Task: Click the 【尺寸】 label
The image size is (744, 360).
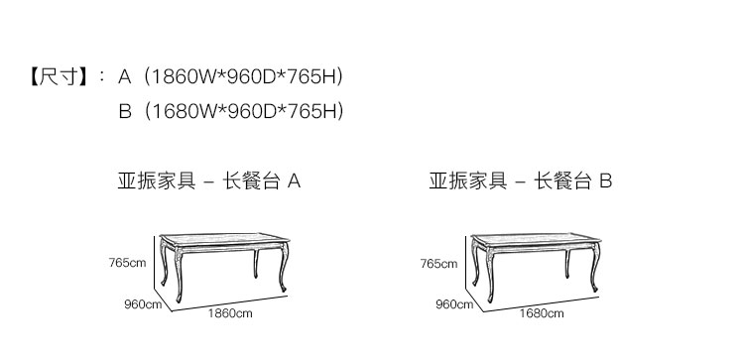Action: (x=59, y=76)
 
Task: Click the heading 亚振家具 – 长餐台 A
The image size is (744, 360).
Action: (x=208, y=180)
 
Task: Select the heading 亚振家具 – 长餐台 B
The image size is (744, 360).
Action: (x=521, y=180)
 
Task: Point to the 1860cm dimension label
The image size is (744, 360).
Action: (x=230, y=313)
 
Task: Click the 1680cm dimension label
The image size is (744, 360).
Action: (x=542, y=313)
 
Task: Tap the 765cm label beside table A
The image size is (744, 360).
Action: (x=127, y=262)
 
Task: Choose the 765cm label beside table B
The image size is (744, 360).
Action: (x=438, y=263)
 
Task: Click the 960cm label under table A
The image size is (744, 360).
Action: (x=143, y=304)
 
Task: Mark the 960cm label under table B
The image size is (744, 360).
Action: (x=454, y=304)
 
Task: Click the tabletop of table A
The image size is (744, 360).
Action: (x=224, y=238)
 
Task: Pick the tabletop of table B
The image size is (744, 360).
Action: (x=536, y=238)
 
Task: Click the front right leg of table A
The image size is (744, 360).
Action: (x=284, y=268)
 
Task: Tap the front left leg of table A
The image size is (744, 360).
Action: (x=179, y=275)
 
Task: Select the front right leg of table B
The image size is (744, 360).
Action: (x=595, y=268)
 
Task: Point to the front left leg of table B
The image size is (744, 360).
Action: (x=490, y=275)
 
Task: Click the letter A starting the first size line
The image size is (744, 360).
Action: (x=124, y=76)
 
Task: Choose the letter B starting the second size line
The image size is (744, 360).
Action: (x=125, y=111)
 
